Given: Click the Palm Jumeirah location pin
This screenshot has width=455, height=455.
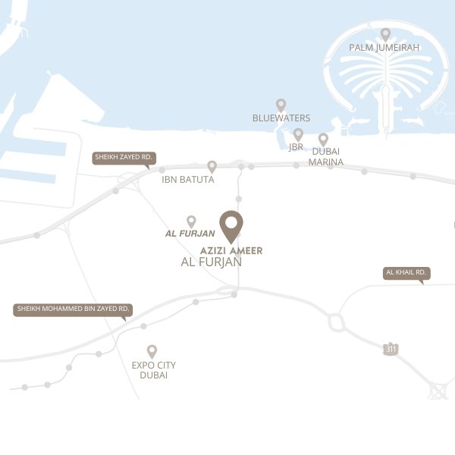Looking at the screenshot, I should tap(385, 34).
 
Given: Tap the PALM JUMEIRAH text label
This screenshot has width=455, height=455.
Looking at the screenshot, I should tap(384, 48).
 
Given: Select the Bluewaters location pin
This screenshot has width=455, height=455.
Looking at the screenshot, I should tap(281, 105).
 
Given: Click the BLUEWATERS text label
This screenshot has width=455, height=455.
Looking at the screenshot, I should tap(281, 118).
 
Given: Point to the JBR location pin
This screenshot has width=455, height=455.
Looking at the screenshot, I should tap(298, 134).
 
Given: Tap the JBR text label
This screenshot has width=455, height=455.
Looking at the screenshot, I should tap(296, 147).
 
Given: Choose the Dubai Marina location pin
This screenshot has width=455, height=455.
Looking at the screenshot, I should tap(323, 140).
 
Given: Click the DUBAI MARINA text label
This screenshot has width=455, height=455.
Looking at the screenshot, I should tap(327, 157).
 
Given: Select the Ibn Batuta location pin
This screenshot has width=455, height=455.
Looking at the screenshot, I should tap(212, 166).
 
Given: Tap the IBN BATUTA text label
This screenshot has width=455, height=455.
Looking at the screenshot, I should tap(188, 180).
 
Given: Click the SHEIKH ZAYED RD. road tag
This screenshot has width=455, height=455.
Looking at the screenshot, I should tap(124, 158).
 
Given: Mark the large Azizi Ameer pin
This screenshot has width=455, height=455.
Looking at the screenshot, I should tap(231, 224).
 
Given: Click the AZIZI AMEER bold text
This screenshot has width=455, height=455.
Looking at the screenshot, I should tap(231, 250).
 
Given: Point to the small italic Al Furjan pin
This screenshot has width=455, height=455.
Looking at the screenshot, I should tap(191, 221).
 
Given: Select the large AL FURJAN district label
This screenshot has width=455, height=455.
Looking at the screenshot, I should tap(212, 262).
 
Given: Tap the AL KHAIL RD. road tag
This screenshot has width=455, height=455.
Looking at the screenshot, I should tap(406, 272).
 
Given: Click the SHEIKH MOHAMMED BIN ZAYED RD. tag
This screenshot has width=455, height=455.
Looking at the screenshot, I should tap(74, 309).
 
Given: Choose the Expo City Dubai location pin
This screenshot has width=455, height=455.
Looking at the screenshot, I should tap(152, 351).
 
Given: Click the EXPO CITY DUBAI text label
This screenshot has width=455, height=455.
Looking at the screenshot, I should tap(154, 370).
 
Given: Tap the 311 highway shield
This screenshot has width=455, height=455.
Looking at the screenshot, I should tap(391, 349).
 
